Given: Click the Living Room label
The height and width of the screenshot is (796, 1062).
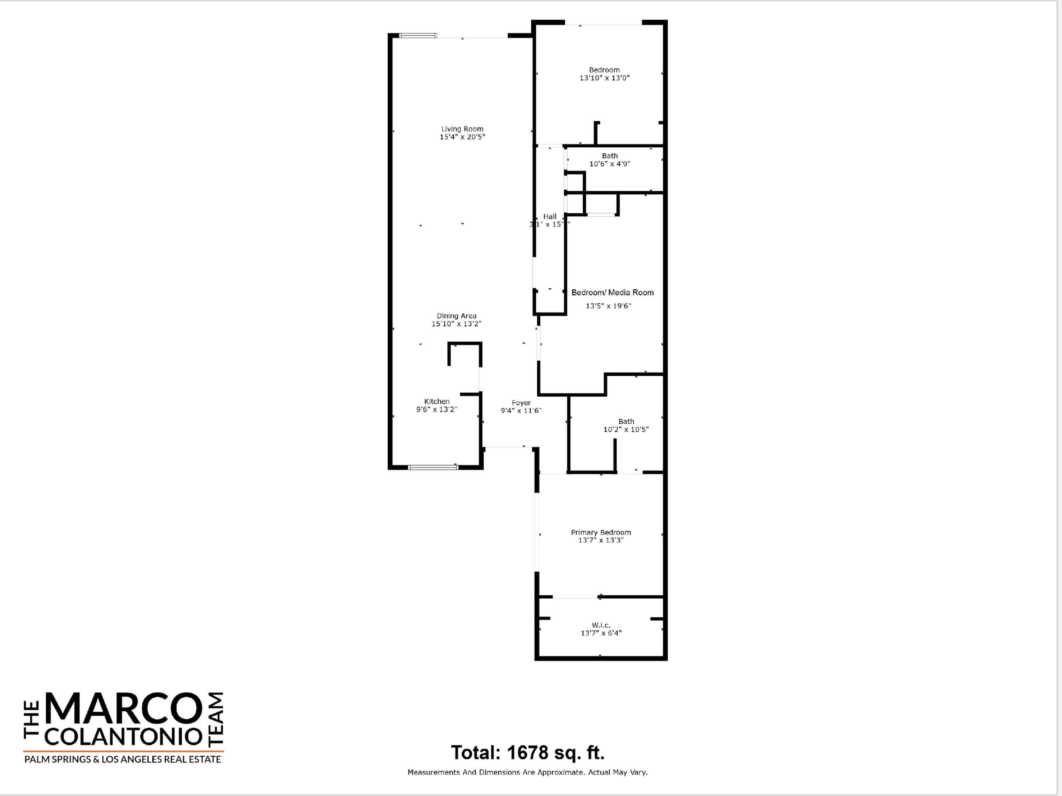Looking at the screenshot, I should tap(462, 128).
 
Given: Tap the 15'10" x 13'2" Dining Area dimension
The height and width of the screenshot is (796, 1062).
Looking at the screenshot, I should tap(456, 324).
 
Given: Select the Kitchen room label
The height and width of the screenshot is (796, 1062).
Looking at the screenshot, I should tap(436, 401).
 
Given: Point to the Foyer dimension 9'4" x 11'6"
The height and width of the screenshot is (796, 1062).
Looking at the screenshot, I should tap(521, 411).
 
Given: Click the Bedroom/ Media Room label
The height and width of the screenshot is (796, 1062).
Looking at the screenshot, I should tap(612, 292).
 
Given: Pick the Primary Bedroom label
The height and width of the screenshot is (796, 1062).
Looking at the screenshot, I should tap(601, 532).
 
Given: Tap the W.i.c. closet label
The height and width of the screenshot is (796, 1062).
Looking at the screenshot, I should tap(601, 625).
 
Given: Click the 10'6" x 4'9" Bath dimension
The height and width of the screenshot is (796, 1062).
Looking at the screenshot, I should tap(609, 163).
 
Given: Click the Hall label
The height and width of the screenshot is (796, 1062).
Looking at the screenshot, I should tap(549, 217).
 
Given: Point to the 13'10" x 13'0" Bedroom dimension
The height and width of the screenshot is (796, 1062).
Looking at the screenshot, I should tap(604, 78).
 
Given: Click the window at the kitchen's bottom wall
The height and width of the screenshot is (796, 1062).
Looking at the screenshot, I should tap(433, 467).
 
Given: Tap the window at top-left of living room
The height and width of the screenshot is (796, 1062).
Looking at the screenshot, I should tap(418, 35).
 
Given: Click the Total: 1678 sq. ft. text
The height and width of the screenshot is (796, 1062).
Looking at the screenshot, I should tap(527, 753).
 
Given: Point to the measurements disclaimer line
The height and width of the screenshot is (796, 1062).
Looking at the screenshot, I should tap(527, 773).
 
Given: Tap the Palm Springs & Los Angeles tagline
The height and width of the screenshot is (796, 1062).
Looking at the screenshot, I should tap(123, 760).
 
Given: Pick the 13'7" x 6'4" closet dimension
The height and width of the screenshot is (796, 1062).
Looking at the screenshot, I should tap(601, 633).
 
